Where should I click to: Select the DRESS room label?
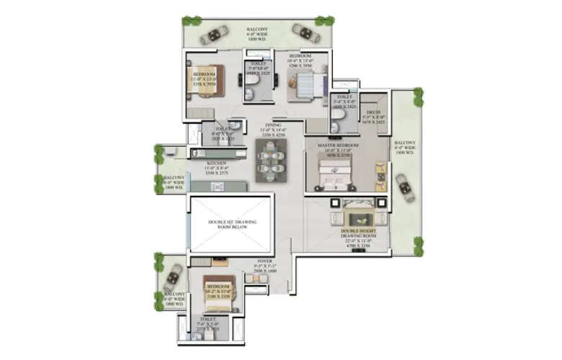[x=373, y=114]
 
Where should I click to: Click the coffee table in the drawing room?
[x=357, y=217]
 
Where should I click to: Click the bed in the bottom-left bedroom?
[x=217, y=291]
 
